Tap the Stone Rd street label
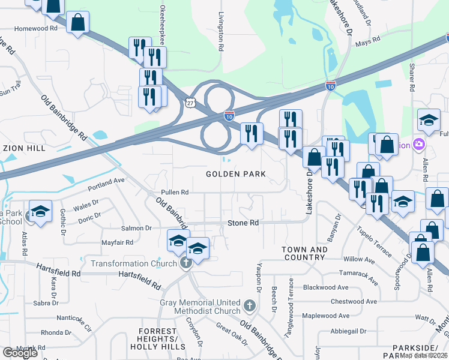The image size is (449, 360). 243,223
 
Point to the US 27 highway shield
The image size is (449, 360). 190,103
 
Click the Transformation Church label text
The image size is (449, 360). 133,263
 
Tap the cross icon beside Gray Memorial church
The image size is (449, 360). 250,307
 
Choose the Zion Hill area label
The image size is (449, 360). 24,148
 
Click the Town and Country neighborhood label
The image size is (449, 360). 305,254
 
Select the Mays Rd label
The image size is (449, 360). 368,40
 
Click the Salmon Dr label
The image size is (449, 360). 136,229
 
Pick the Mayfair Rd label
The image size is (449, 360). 117,243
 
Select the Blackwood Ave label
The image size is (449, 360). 326,287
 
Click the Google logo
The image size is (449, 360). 20,353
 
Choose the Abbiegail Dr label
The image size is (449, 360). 348,331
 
